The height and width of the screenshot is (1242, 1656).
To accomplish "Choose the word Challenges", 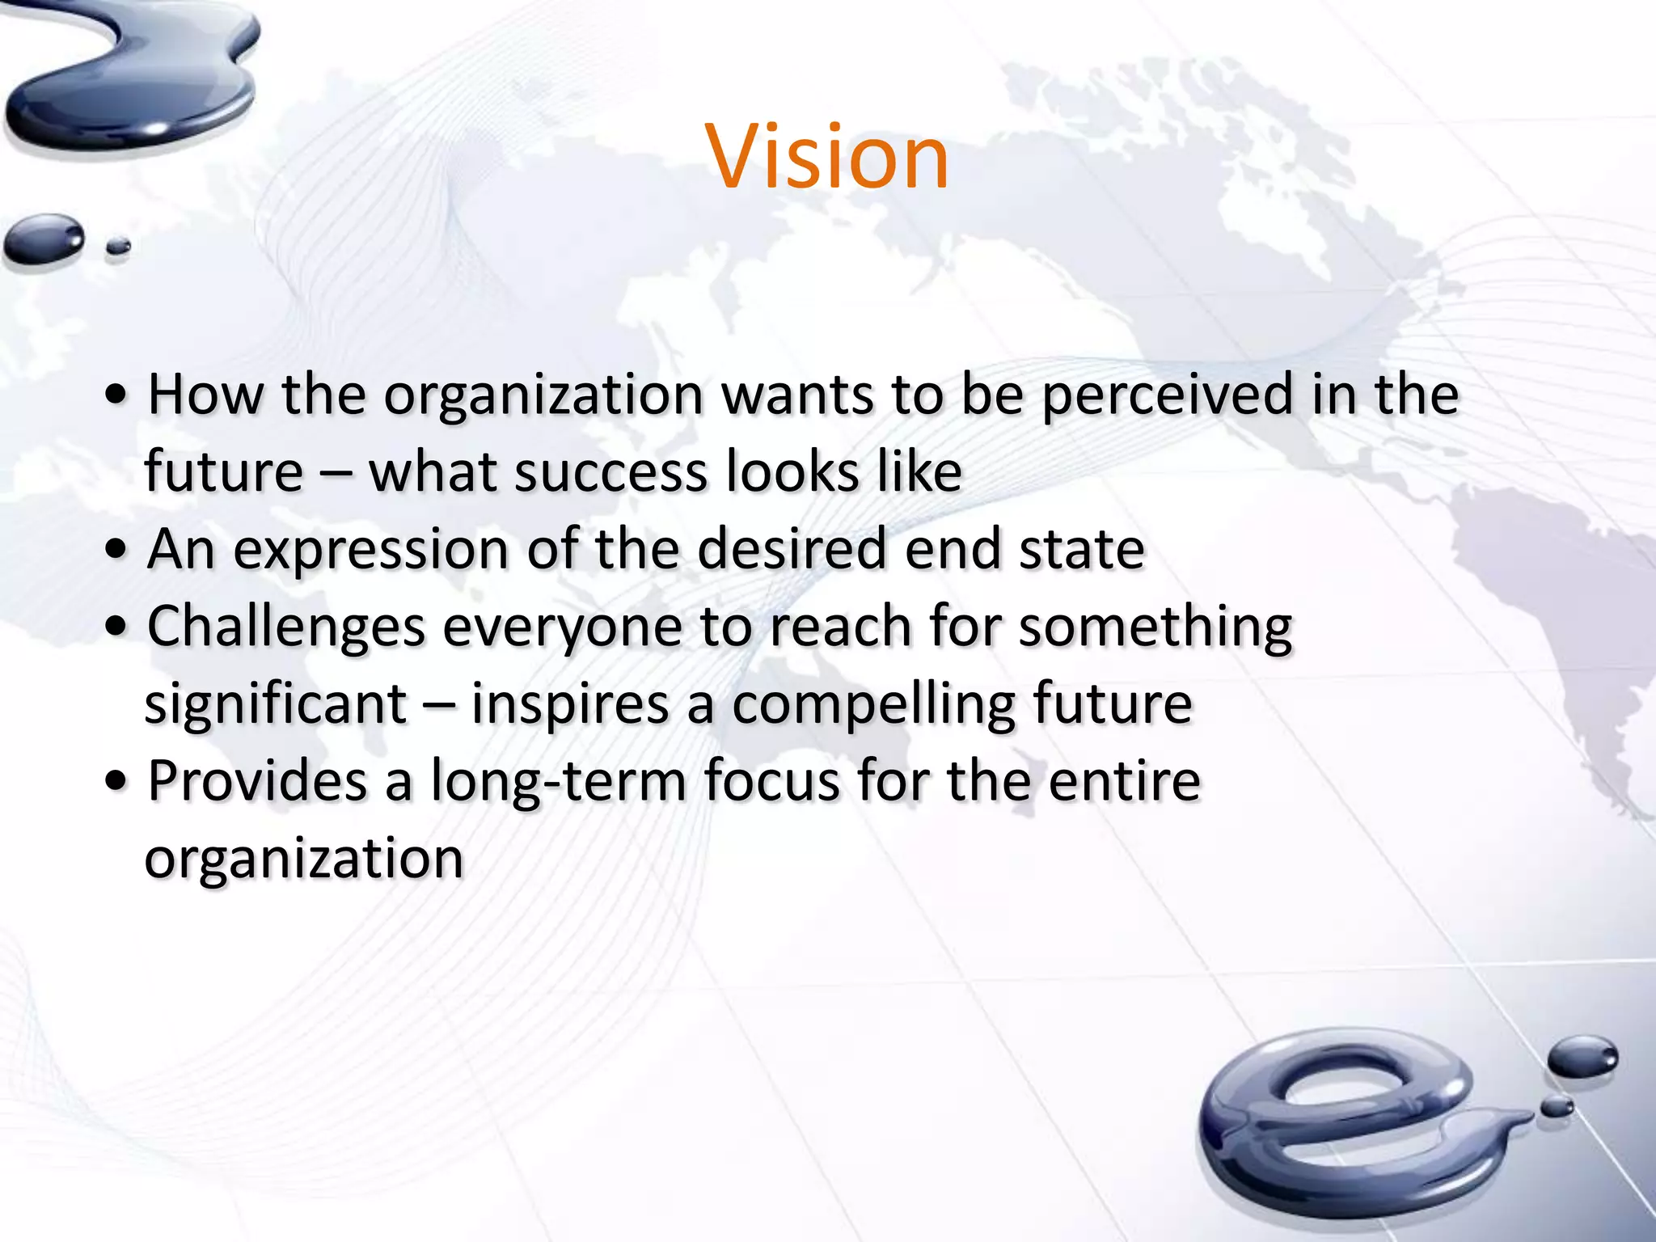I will click(x=286, y=627).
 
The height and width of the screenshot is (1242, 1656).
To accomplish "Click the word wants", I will click(x=796, y=396).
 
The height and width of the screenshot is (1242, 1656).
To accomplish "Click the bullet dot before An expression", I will click(x=117, y=550).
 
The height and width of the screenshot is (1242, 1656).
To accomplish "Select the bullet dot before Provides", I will click(x=117, y=781).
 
